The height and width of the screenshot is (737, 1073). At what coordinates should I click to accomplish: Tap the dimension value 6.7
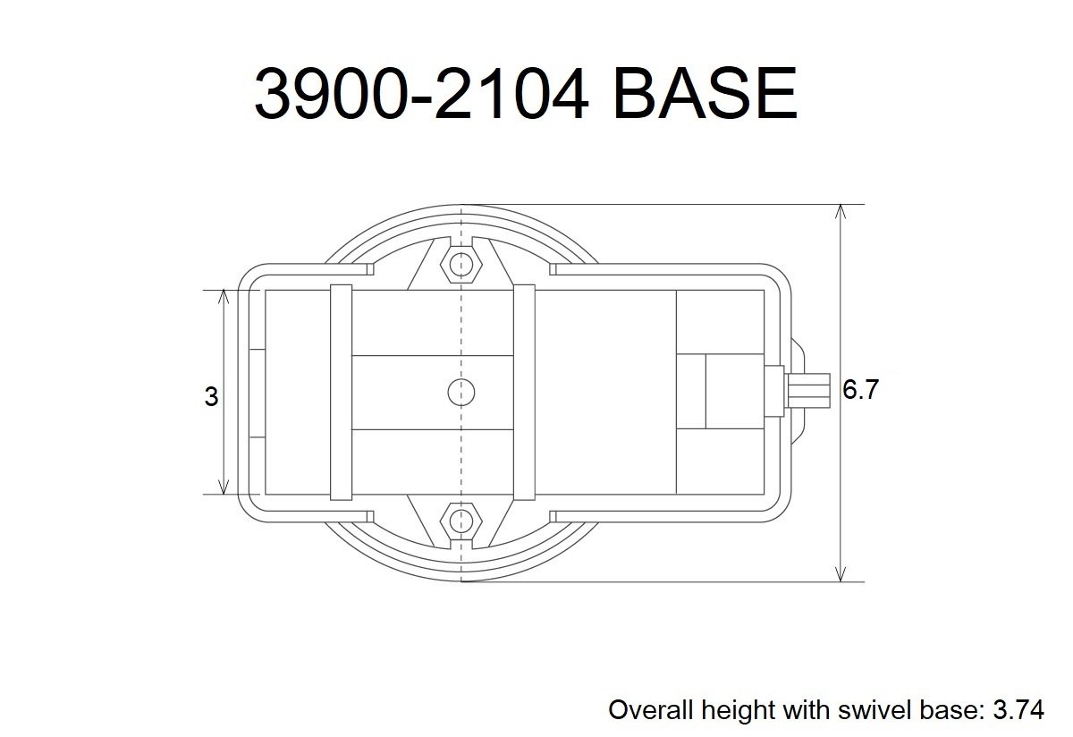click(860, 391)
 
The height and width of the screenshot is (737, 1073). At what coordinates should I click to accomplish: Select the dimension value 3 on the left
click(211, 396)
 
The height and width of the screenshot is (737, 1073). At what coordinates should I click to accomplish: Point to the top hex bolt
click(460, 263)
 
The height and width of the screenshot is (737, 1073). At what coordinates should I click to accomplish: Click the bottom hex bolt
click(460, 519)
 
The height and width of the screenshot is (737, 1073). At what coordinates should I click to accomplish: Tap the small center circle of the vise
click(460, 391)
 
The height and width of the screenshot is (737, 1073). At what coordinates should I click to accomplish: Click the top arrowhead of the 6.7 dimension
click(840, 213)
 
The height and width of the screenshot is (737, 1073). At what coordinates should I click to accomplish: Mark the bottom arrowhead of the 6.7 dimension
click(840, 573)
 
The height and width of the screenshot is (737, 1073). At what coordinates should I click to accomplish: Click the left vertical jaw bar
click(341, 392)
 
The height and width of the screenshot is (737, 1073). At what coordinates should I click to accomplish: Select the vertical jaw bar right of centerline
click(524, 392)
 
